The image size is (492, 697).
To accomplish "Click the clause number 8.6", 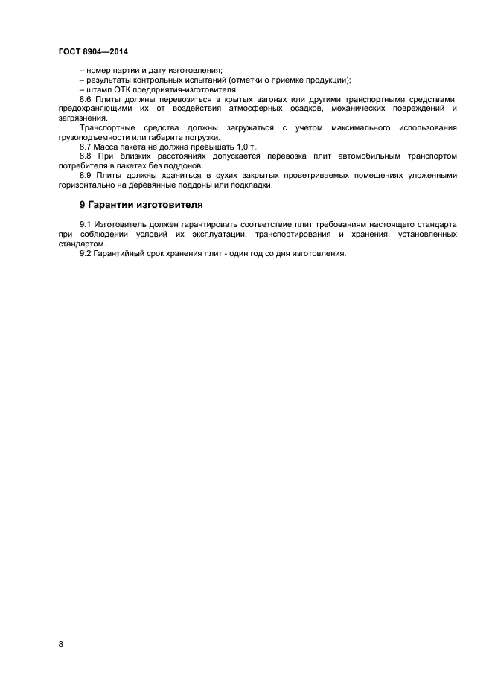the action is (x=86, y=99).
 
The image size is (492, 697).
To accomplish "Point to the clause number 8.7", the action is (x=86, y=147).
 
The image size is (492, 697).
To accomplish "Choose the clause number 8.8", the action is (x=86, y=156).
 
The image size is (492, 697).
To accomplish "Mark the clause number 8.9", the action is (x=86, y=175).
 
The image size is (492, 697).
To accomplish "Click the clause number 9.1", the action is (x=86, y=224).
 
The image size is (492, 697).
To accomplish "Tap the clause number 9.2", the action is (x=86, y=253).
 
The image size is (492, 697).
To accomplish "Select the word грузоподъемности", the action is (x=91, y=137).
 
